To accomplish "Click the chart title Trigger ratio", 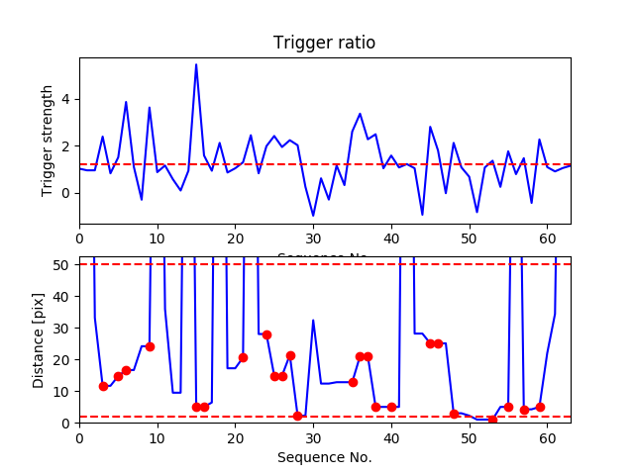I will point(324,44).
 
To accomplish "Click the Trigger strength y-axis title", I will point(48,141).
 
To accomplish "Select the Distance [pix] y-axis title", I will point(39,339).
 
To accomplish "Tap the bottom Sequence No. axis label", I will point(324,457).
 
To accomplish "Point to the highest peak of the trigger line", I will point(196,64).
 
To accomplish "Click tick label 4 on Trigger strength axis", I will point(66,99).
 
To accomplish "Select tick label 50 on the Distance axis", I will point(62,265).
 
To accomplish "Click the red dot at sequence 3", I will point(103,386).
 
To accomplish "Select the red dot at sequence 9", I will point(150,346).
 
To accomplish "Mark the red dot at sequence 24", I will point(266,334).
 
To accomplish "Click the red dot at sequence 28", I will point(297,416).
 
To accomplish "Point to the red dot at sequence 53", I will point(492,420).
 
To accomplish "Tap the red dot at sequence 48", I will point(454,414).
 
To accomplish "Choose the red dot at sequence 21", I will point(243,357).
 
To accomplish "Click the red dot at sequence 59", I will point(540,407).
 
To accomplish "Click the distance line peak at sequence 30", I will point(313,320).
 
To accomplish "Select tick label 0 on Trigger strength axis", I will point(66,193).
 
